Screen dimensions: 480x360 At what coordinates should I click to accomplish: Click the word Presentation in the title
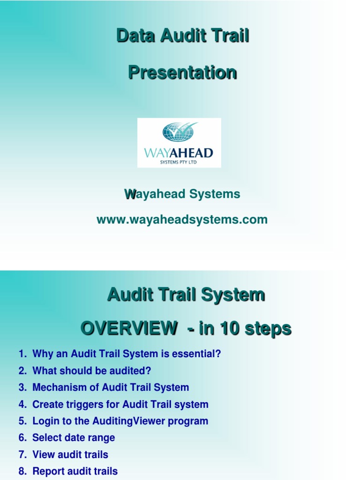(182, 73)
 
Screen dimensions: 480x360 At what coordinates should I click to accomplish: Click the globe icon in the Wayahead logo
(179, 132)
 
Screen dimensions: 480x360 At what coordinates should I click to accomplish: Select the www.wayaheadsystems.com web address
(182, 219)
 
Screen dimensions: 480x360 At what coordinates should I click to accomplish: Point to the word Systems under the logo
(216, 194)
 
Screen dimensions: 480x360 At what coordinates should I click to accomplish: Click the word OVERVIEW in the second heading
(127, 329)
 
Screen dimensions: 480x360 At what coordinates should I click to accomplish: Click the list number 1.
(22, 354)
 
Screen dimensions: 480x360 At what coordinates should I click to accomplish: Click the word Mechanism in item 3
(54, 388)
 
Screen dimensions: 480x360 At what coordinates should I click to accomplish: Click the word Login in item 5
(44, 421)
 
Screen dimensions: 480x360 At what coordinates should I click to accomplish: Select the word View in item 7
(43, 455)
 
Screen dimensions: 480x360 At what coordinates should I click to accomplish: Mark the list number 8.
(22, 471)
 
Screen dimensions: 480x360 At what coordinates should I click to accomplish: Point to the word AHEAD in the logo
(193, 153)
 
